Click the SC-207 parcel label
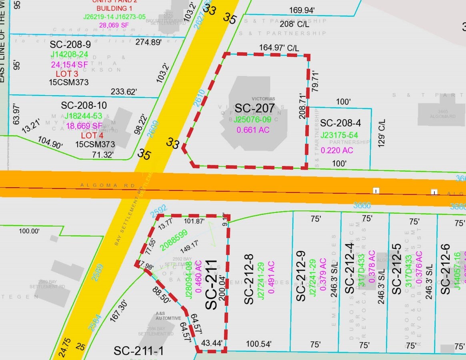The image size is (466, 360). click(x=254, y=108)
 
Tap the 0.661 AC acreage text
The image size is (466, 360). click(x=253, y=130)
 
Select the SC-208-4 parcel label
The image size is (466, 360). click(x=341, y=123)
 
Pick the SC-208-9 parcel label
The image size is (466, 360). click(x=70, y=44)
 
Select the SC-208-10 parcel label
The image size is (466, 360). click(x=84, y=106)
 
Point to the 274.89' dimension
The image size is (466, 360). click(x=148, y=42)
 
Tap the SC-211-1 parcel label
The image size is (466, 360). click(x=138, y=351)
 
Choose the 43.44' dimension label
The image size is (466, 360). click(x=211, y=343)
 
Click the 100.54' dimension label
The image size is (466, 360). click(x=259, y=344)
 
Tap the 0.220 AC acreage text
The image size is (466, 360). click(x=337, y=150)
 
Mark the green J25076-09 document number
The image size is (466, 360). click(x=252, y=120)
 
